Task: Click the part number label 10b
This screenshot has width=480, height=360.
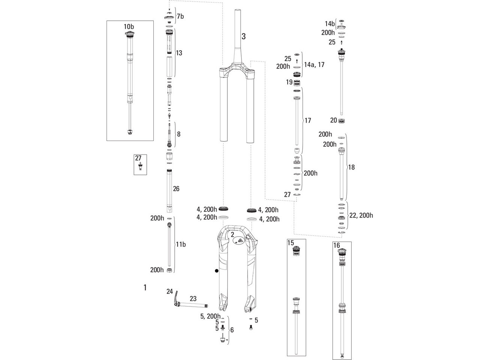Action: coord(129,27)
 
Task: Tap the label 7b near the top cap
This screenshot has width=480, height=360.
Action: coord(180,16)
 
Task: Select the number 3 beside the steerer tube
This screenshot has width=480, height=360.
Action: coord(244,36)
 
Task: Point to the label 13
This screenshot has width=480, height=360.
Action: coord(179,53)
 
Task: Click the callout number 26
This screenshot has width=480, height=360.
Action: coord(176,189)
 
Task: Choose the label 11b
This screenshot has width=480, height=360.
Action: coord(181,244)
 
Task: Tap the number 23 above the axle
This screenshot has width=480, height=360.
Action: coord(193,298)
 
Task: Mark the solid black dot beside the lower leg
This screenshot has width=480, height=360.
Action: coord(216,271)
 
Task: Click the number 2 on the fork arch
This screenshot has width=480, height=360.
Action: coord(232,235)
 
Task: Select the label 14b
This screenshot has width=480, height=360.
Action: coord(330,24)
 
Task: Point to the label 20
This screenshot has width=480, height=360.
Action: coord(333,120)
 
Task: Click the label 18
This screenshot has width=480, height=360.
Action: coord(351,167)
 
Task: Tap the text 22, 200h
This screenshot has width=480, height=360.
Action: coord(361,215)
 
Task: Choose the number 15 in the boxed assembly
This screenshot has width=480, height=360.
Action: coord(291,243)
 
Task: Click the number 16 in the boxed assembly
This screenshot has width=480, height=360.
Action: coord(336,246)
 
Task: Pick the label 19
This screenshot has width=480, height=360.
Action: coord(289,82)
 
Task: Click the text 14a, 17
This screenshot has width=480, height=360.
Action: coord(314,65)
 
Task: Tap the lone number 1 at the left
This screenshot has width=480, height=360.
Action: coord(145,287)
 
